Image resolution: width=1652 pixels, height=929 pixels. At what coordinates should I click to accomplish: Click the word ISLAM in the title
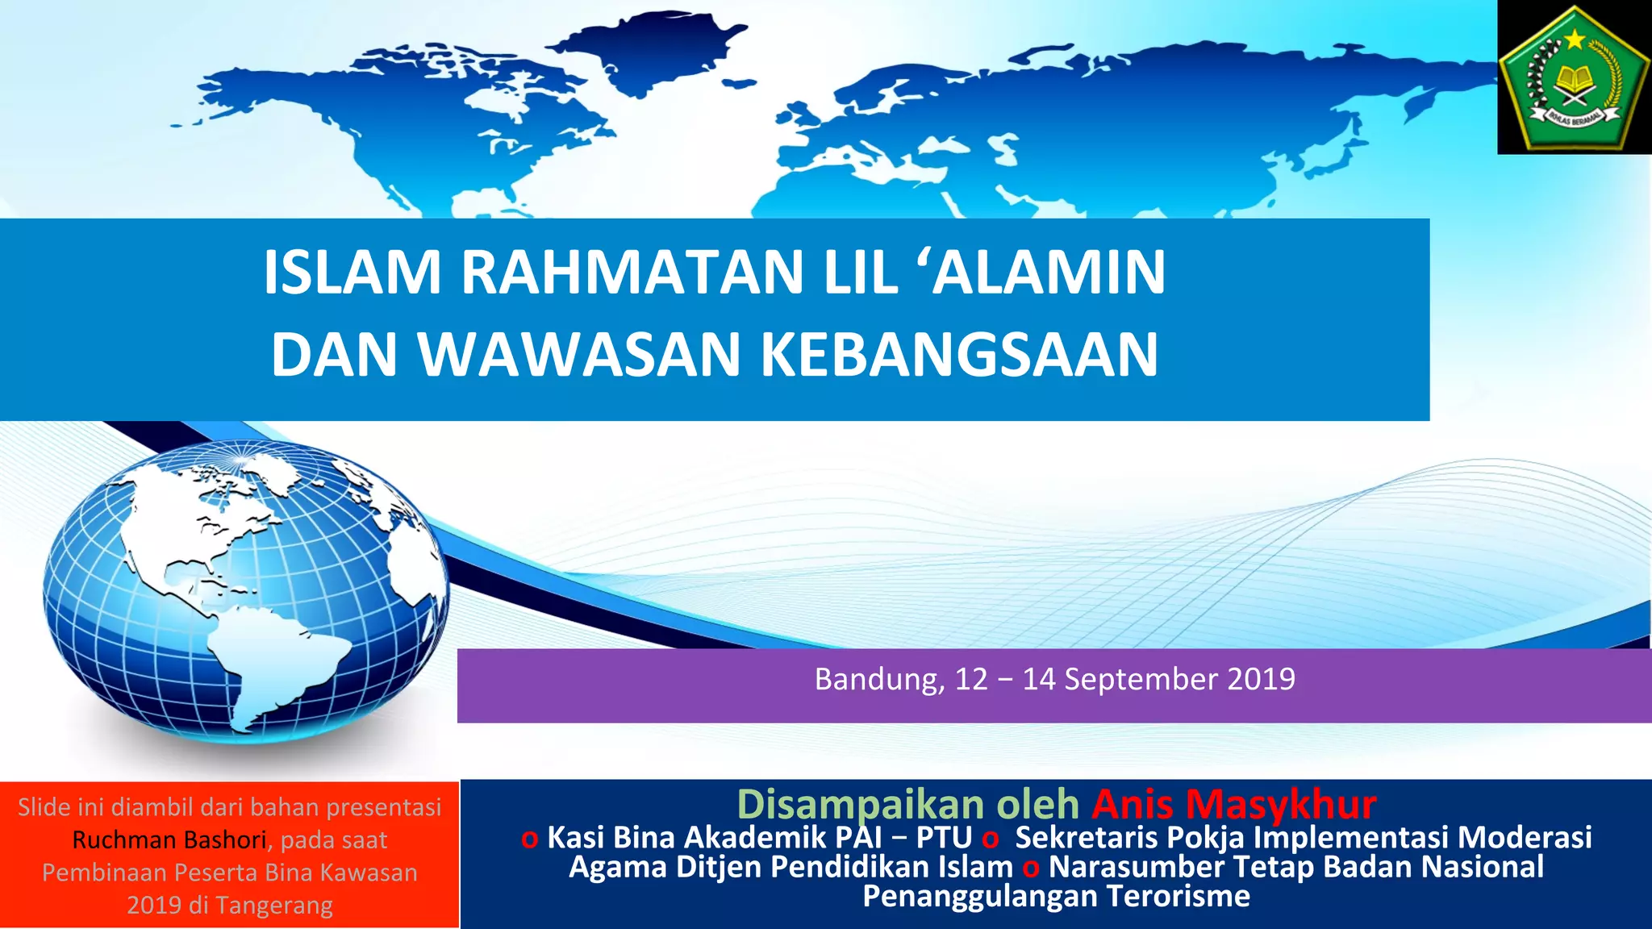(353, 273)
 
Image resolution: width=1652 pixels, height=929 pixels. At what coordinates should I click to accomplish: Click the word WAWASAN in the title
(579, 355)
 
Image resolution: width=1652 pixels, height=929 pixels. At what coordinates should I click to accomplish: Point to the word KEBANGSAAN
(960, 355)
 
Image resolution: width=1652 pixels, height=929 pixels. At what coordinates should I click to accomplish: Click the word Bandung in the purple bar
(878, 679)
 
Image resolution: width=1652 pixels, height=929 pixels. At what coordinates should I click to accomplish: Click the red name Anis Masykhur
(1234, 804)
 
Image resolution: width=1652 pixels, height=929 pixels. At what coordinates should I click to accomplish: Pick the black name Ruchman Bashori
(169, 840)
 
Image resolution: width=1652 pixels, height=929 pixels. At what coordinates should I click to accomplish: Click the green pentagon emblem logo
(1574, 79)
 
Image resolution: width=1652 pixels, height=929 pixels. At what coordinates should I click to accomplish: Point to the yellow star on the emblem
(1575, 39)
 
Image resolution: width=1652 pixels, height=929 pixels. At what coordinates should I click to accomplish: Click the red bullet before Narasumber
(1031, 869)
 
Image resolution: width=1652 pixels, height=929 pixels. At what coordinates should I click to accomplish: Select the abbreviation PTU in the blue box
(944, 838)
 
